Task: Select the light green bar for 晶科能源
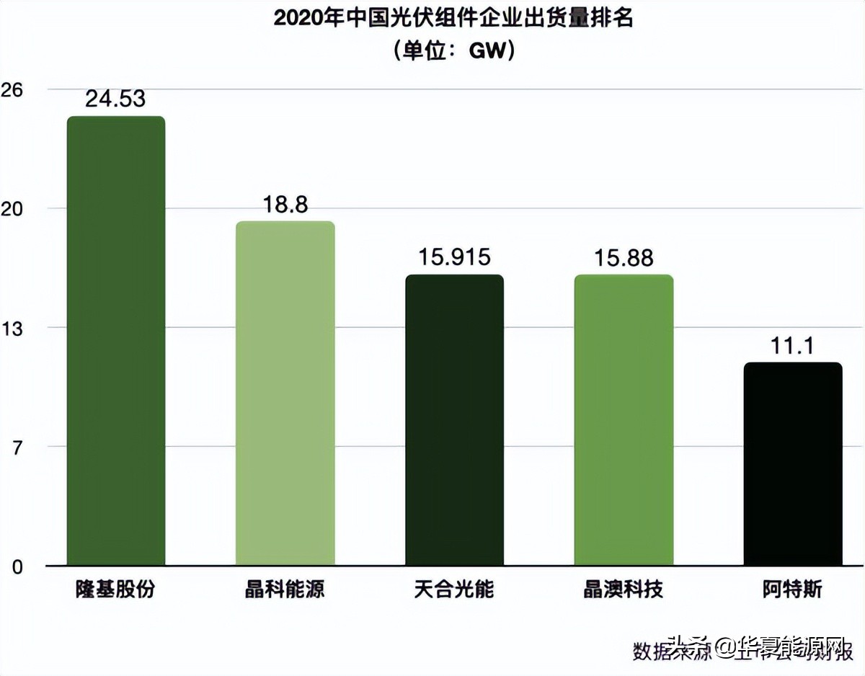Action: (x=285, y=393)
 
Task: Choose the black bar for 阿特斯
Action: (x=793, y=464)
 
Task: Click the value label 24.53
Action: (x=115, y=99)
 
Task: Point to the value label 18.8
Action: (x=285, y=205)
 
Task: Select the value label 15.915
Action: (x=454, y=257)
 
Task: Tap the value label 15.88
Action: (x=624, y=257)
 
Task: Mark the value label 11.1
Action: (x=793, y=346)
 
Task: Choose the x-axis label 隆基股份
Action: (x=115, y=590)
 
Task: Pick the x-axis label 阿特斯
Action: (x=792, y=590)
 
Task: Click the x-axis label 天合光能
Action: (x=454, y=590)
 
